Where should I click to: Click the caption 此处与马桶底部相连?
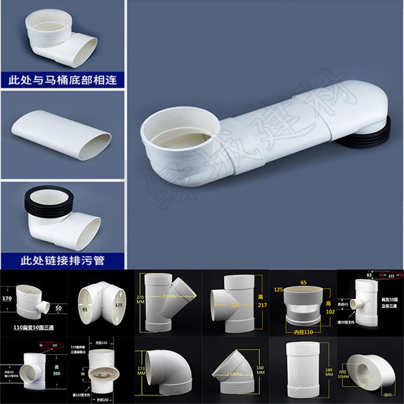coord(62,80)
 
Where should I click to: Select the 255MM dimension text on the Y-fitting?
coord(166,295)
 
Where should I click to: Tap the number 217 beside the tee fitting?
coord(263,305)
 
